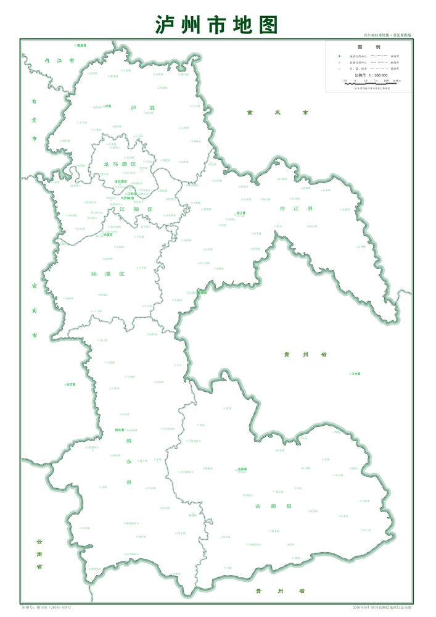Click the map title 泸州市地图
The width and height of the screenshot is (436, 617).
pos(217,25)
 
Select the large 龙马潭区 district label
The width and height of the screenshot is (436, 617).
pos(120,165)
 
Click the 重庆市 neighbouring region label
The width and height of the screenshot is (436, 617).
pos(276,113)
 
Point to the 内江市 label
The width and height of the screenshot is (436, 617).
pos(60,61)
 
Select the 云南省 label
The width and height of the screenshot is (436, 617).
pos(38,553)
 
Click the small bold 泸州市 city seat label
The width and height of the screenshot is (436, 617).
pos(128,198)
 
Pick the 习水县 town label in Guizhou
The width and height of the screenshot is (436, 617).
pos(355,374)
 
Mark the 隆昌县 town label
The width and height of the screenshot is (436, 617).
pos(81,45)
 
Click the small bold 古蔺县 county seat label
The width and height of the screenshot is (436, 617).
pos(241,469)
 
